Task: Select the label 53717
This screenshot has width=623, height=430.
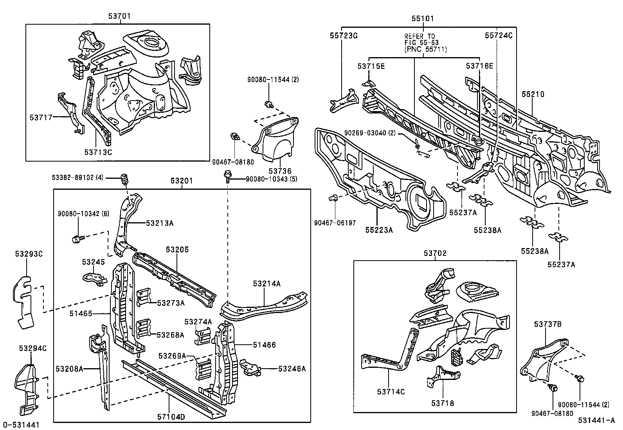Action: click(x=41, y=117)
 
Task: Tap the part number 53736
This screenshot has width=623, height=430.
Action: click(x=279, y=171)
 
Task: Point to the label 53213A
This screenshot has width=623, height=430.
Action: click(x=160, y=223)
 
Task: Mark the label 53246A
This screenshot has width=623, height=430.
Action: click(x=292, y=368)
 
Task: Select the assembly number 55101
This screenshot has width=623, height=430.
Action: click(x=422, y=18)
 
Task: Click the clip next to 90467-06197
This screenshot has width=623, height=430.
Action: click(x=334, y=198)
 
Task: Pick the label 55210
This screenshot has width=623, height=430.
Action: click(x=533, y=94)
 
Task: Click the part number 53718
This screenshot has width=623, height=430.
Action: click(x=443, y=403)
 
